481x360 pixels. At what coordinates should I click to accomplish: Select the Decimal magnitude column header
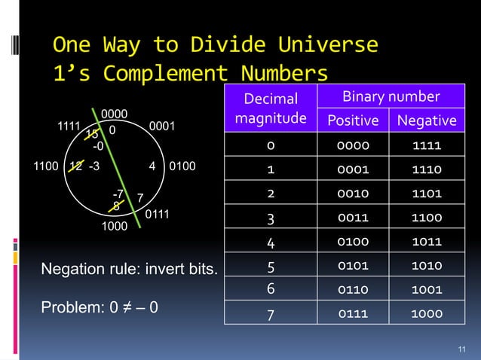coord(271,108)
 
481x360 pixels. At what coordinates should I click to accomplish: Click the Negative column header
coord(426,121)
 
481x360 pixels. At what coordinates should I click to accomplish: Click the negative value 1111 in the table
coord(426,145)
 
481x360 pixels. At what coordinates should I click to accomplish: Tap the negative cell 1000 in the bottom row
coord(426,313)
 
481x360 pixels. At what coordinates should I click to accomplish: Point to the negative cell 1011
coord(426,242)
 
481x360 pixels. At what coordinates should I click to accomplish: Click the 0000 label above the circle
coord(114,114)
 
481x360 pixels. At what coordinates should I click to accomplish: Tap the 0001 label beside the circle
coord(162,127)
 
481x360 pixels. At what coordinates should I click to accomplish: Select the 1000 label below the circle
coord(115,225)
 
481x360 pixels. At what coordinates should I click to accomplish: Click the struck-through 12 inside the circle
coord(75,166)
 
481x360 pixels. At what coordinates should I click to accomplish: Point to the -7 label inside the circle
coord(118,195)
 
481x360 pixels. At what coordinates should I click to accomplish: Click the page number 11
coord(462,348)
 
